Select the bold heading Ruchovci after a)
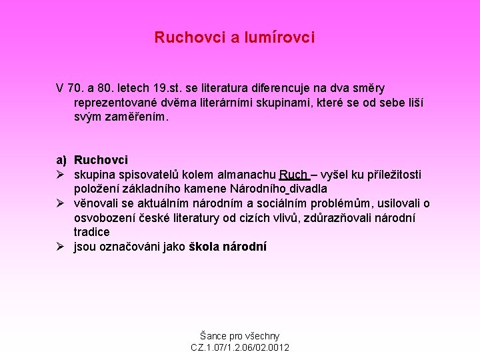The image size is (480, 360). click(101, 160)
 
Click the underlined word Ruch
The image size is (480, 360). click(293, 175)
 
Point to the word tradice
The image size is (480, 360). click(92, 232)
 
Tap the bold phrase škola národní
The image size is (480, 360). click(227, 247)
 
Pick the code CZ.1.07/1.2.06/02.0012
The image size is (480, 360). click(240, 348)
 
